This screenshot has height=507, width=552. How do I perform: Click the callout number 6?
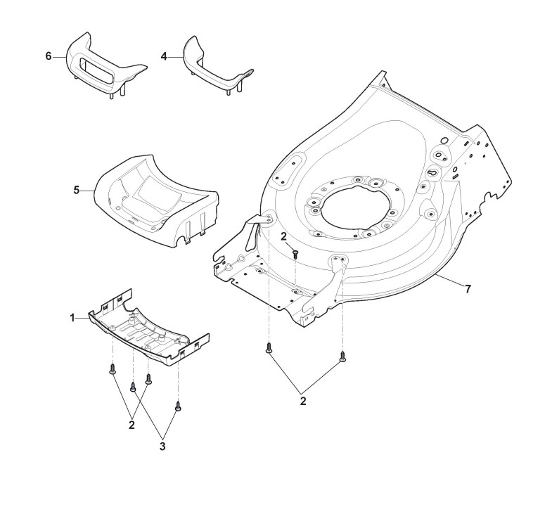pyautogui.click(x=49, y=56)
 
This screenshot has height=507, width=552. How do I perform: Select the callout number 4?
pyautogui.click(x=164, y=56)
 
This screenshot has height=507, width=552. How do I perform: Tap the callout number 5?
pyautogui.click(x=77, y=190)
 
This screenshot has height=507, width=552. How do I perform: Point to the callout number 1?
pyautogui.click(x=72, y=318)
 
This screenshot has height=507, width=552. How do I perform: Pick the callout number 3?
pyautogui.click(x=162, y=446)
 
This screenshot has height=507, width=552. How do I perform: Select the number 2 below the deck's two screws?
pyautogui.click(x=303, y=402)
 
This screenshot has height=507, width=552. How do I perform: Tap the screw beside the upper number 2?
pyautogui.click(x=295, y=252)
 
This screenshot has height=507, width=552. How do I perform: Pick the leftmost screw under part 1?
pyautogui.click(x=113, y=370)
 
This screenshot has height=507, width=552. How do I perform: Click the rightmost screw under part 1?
pyautogui.click(x=178, y=406)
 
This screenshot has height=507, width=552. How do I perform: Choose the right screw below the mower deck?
pyautogui.click(x=342, y=357)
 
